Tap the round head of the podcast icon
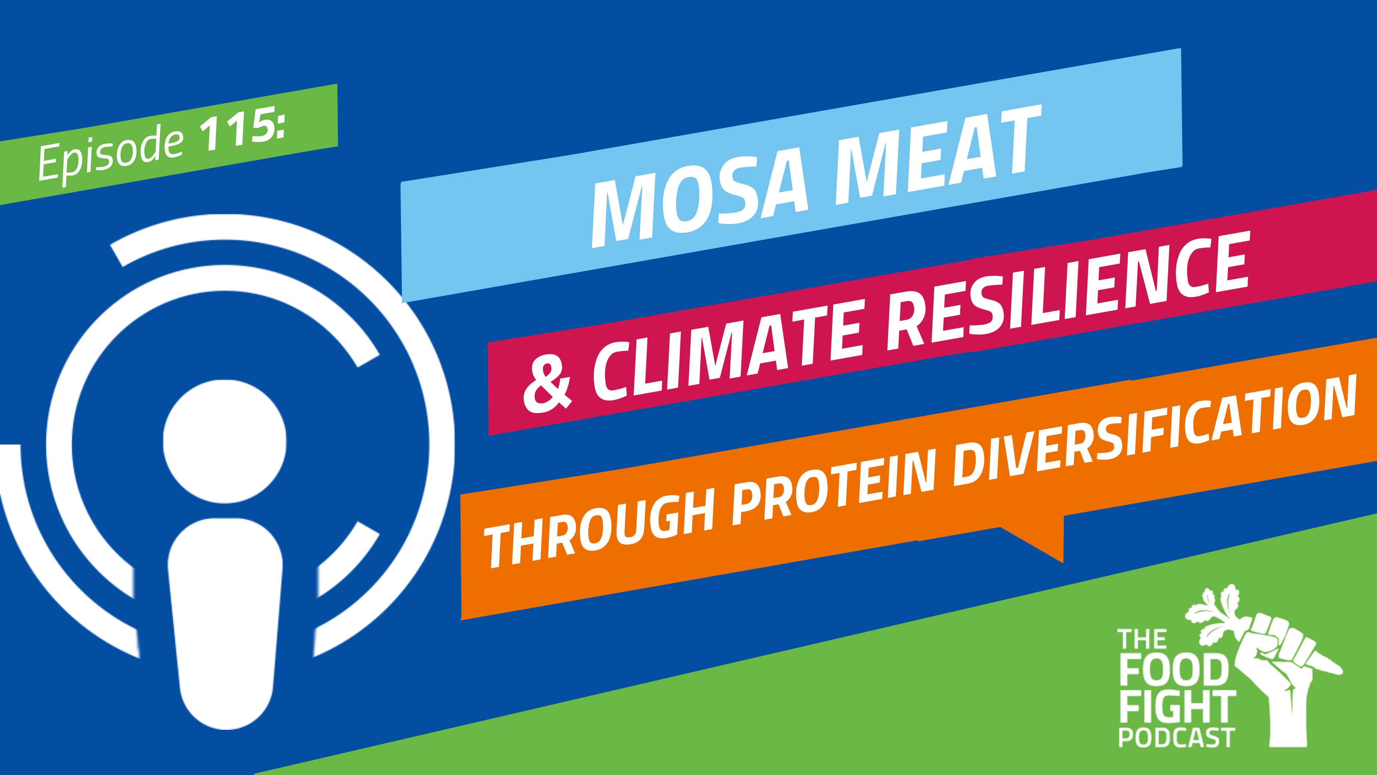224,441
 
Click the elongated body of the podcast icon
225,623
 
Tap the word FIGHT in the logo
1178,707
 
